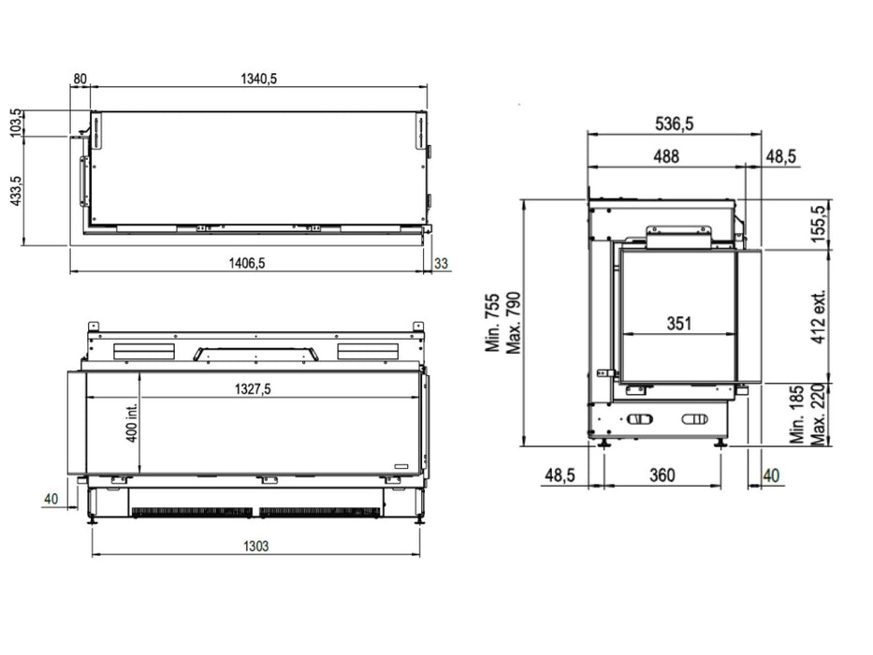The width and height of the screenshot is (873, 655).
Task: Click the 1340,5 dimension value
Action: point(258,79)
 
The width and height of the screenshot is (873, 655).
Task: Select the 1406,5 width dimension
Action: point(247,262)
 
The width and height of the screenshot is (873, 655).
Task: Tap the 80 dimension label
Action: point(80,79)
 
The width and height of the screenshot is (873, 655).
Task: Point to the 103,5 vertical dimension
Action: point(16,123)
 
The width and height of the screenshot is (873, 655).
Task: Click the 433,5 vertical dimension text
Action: point(16,191)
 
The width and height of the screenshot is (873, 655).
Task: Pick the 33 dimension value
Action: point(441,263)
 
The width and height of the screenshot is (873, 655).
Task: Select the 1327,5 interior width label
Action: point(253,388)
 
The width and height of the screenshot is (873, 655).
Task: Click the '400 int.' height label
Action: point(131,422)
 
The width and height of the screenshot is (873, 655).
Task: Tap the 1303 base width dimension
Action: point(256,546)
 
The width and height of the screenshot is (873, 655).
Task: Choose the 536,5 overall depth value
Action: point(675,124)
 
